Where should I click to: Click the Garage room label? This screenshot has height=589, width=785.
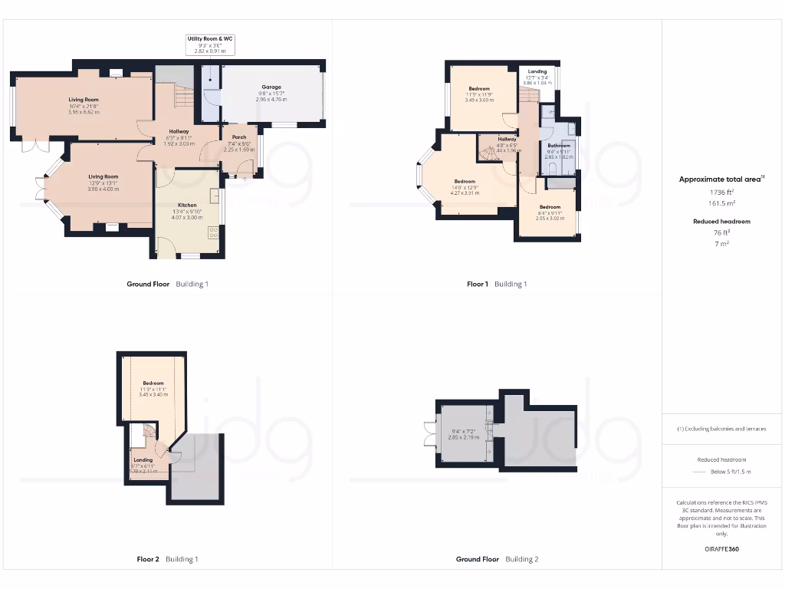tap(271, 87)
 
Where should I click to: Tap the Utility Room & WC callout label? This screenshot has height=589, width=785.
tap(209, 38)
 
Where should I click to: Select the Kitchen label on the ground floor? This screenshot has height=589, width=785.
tap(188, 206)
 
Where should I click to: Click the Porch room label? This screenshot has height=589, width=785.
tap(238, 137)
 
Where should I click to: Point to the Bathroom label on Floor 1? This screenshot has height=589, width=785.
tap(559, 145)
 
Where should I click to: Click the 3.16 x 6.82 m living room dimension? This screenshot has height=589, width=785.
tap(84, 112)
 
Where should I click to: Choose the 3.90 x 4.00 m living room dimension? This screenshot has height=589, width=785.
tap(104, 189)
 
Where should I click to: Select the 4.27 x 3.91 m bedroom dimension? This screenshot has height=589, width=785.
tap(465, 192)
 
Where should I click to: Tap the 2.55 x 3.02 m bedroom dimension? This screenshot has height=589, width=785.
tap(550, 219)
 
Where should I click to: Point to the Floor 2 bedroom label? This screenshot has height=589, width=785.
tap(153, 383)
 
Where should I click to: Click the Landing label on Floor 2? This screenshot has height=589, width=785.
tap(144, 460)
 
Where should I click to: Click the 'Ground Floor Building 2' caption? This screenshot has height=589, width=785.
tap(497, 560)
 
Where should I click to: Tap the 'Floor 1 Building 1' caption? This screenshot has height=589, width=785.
tap(497, 284)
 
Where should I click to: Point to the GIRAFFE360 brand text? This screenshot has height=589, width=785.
tap(721, 549)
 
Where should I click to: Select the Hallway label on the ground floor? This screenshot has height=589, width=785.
tap(179, 132)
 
